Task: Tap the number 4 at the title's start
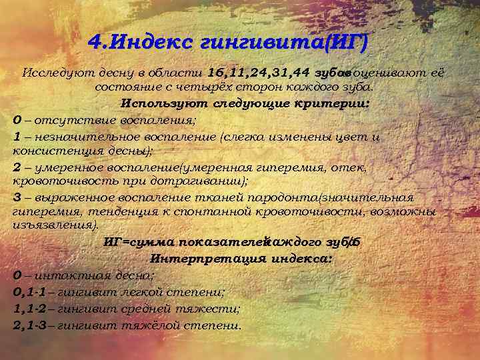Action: pyautogui.click(x=94, y=44)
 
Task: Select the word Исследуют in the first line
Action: pyautogui.click(x=49, y=73)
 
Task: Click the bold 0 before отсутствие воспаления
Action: pyautogui.click(x=17, y=120)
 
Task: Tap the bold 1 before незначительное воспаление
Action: pyautogui.click(x=17, y=136)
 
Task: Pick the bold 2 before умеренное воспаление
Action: pyautogui.click(x=17, y=167)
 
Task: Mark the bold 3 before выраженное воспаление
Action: pyautogui.click(x=17, y=197)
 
